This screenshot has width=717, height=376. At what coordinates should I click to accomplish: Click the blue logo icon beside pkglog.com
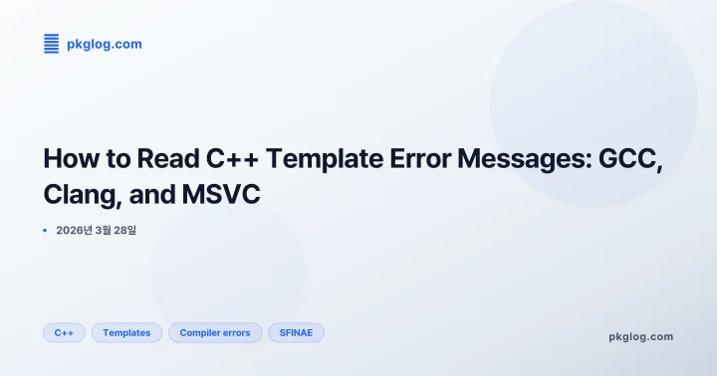point(52,43)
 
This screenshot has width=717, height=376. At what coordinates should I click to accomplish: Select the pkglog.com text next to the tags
point(640,336)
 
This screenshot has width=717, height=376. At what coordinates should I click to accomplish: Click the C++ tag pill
point(64,332)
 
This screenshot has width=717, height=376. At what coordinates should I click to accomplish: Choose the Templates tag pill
point(126,332)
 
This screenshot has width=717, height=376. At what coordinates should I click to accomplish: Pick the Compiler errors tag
point(215,332)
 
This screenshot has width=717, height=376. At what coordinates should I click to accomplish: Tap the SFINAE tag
point(296,332)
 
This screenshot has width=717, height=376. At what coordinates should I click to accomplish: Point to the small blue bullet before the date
point(45,230)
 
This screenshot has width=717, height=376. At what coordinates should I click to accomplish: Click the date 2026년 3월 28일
point(96,230)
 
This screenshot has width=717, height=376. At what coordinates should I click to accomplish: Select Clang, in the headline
point(81,194)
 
